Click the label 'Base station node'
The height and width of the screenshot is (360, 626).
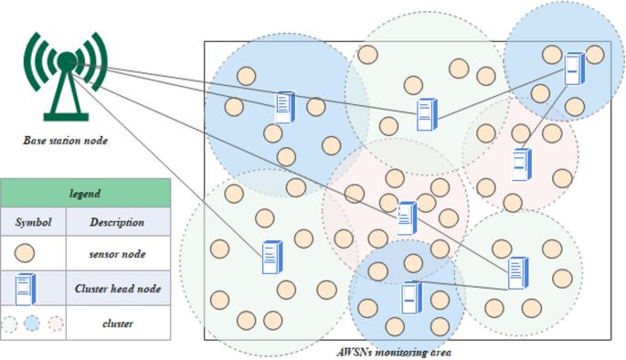pos(65,141)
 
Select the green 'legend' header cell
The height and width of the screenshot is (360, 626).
pos(85,194)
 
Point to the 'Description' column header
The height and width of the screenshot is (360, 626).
pos(117,222)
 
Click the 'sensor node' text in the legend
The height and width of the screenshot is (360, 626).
pos(117,255)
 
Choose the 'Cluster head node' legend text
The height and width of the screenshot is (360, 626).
pos(117,289)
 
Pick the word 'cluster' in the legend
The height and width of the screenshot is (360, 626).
pos(117,323)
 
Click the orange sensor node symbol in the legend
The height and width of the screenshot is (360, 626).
pos(27,254)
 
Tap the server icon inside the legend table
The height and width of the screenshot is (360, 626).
pos(26,289)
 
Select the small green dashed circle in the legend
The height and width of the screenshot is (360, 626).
pos(9,323)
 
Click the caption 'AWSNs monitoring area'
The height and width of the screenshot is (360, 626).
pos(393,352)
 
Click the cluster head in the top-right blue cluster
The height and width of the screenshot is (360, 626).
pos(573,69)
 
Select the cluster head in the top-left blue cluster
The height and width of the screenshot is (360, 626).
pos(285,107)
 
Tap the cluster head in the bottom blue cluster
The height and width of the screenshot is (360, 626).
pos(411,297)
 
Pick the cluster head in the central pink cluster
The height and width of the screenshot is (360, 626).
pos(407,217)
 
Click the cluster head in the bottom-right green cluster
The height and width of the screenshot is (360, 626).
pos(517,272)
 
